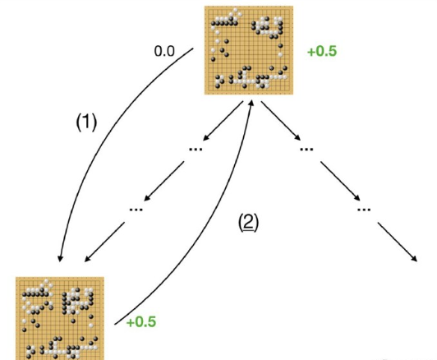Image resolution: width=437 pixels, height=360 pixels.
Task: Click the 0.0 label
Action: pos(164,51)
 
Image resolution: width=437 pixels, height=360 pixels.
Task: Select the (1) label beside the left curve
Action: pos(86,122)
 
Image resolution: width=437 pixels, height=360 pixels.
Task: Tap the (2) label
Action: pos(249,223)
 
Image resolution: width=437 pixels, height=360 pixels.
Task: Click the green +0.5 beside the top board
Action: pos(322,51)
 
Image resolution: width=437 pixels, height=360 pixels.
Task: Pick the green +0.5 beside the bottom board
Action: pos(141,322)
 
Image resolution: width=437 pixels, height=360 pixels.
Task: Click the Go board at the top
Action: pos(249,50)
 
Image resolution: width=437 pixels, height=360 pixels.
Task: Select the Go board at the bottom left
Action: pos(60,318)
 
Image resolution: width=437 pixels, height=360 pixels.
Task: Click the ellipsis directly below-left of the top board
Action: pos(195,150)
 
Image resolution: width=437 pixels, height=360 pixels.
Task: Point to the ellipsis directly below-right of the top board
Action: pos(306,150)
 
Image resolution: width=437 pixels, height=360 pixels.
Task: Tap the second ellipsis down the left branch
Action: pos(136,210)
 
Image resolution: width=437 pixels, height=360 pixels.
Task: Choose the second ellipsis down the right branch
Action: pos(364,210)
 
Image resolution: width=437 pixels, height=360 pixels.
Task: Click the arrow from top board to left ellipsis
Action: pos(223,121)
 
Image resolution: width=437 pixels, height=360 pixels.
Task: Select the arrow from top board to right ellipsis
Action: pos(281,121)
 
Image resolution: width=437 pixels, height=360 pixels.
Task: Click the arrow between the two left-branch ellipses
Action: pos(164,181)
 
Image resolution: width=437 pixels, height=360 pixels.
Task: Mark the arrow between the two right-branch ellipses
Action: pos(340,181)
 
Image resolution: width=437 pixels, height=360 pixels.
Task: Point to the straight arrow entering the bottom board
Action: pos(104,242)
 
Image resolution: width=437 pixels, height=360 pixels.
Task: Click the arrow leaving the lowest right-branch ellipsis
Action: pos(398,242)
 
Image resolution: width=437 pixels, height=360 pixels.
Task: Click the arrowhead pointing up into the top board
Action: pos(251,104)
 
